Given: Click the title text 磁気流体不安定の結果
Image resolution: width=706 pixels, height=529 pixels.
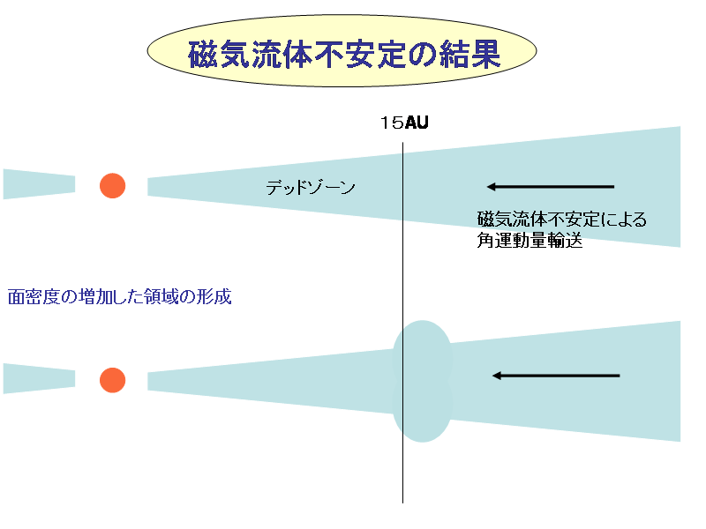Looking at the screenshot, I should pos(344,56).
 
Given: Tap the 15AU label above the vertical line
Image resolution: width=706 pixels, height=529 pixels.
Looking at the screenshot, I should pos(404,123).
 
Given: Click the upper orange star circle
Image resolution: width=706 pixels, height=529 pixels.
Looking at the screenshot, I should pos(112,185).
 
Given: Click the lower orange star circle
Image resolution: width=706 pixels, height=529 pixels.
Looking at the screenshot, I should pos(112,380).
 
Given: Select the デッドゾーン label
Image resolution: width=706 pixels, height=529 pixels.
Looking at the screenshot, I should pos(311,187).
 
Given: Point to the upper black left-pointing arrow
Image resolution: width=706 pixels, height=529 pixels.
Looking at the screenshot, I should pos(550,187).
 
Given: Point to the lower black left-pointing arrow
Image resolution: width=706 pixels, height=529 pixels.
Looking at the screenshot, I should pos(556,376).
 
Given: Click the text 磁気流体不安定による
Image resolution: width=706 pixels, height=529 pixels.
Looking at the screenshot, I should pos(561,220).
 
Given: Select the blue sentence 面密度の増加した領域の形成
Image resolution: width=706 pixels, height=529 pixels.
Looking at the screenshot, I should pos(119,296).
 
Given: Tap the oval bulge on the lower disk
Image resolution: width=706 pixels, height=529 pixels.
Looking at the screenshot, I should pos(422,381).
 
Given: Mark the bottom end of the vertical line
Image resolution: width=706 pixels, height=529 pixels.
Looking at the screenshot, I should pos(403,501).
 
